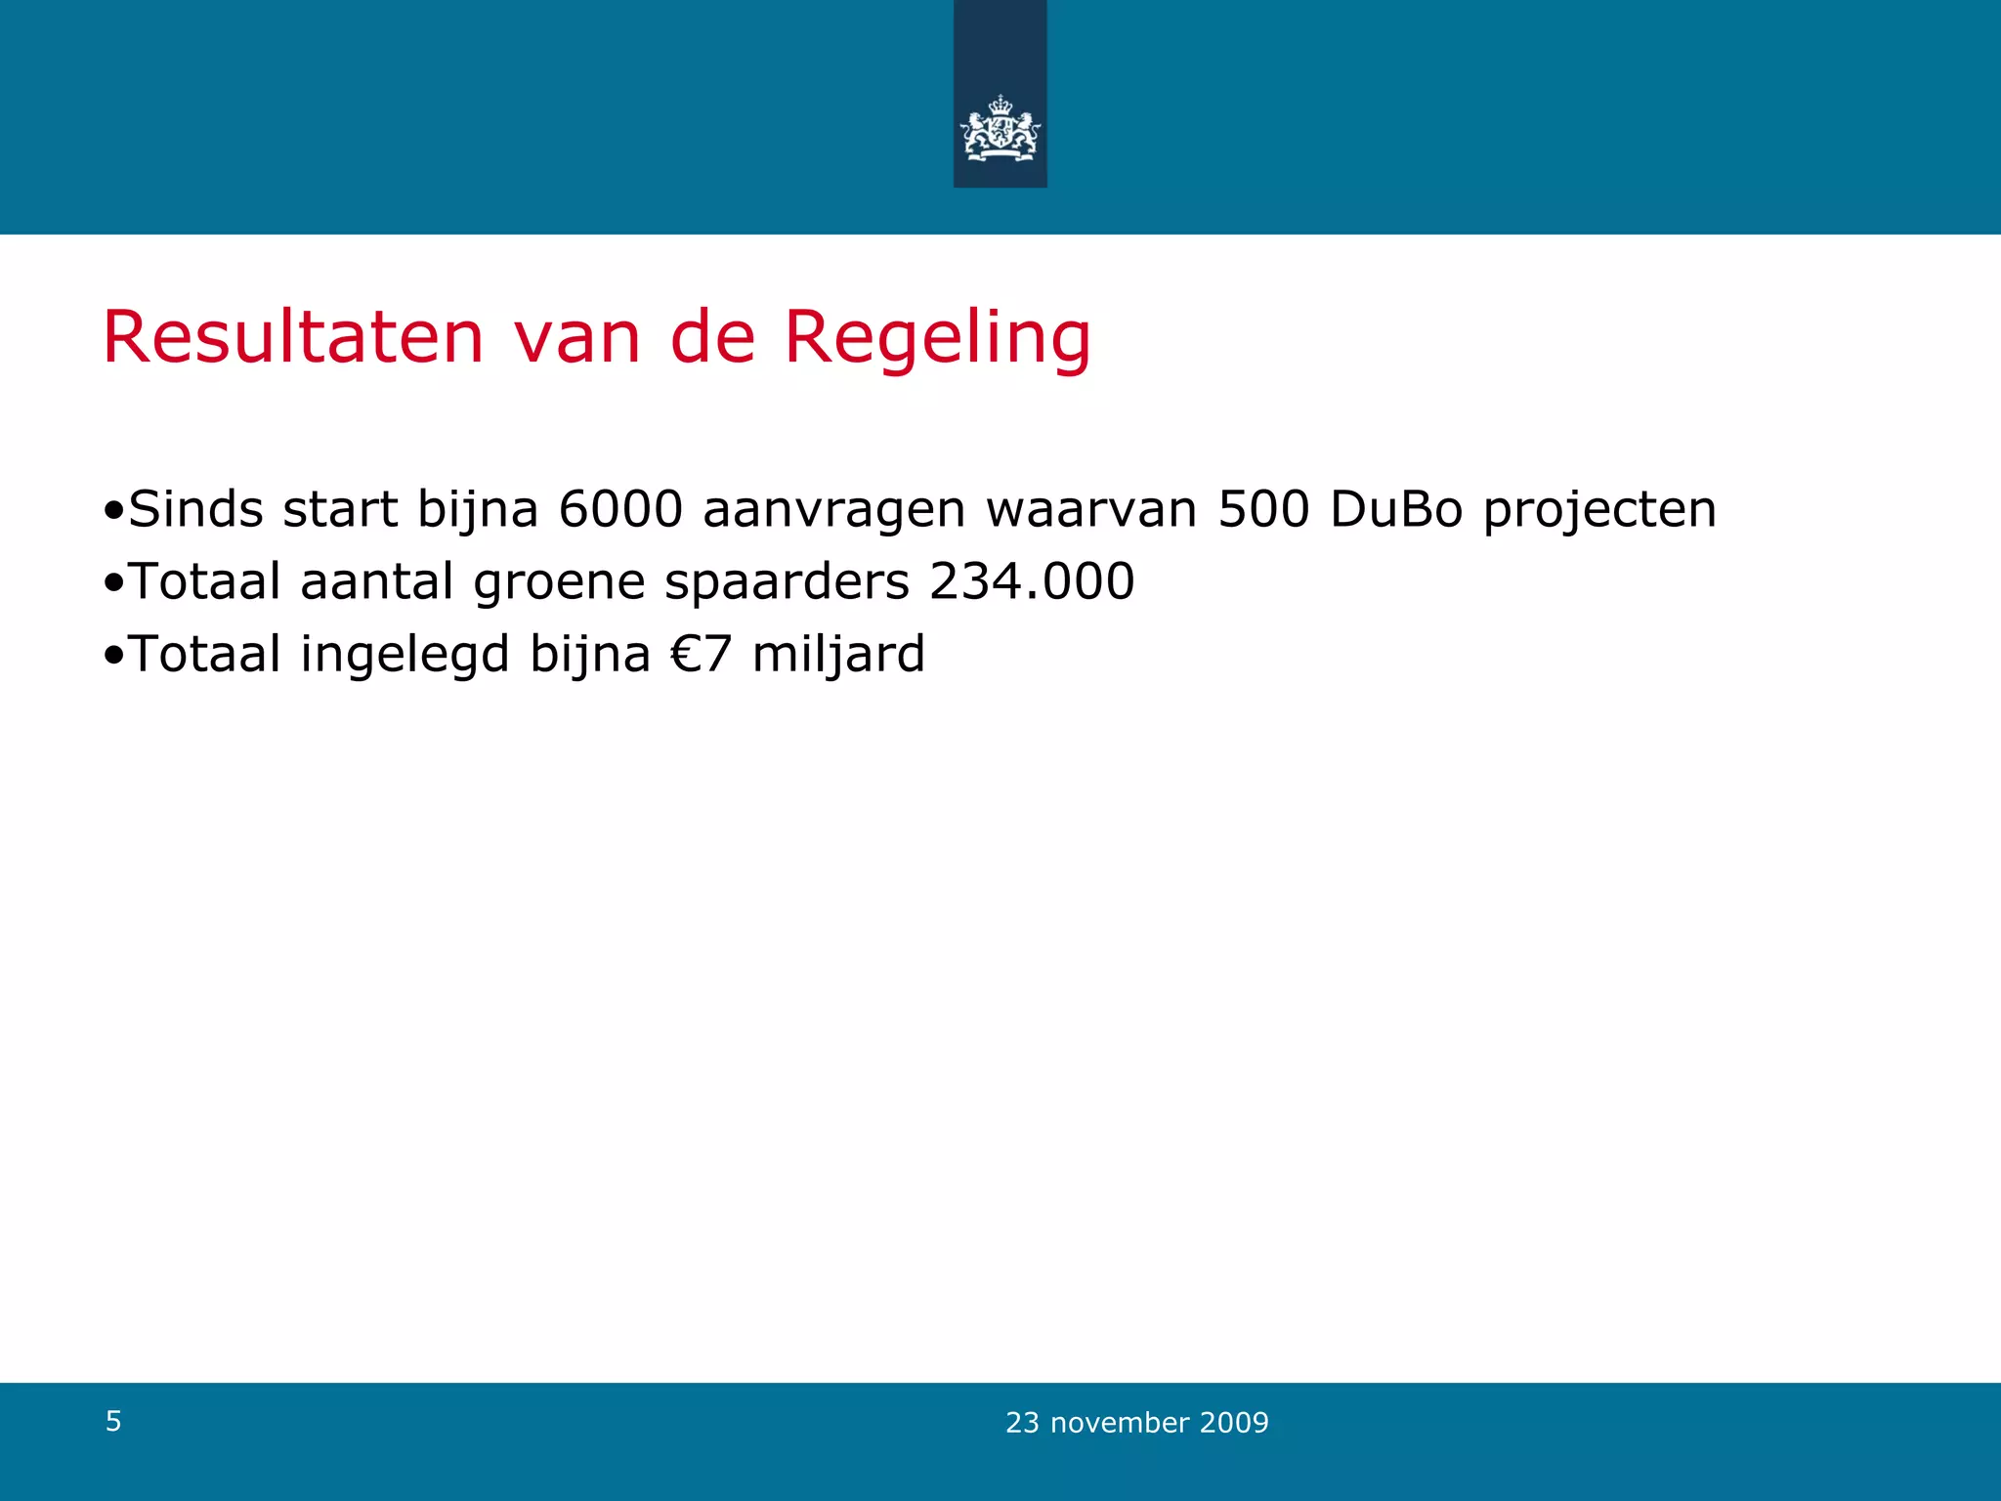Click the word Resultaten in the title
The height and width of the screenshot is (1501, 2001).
point(293,338)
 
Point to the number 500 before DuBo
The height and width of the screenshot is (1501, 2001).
point(1262,509)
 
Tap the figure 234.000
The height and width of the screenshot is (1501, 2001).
point(1031,581)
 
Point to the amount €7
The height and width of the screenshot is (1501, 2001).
point(701,654)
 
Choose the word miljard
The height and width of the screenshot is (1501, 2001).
point(837,655)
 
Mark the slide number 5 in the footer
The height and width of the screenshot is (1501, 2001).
point(113,1421)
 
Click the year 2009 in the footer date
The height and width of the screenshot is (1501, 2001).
point(1234,1423)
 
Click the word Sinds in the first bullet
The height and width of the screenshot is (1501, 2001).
point(195,509)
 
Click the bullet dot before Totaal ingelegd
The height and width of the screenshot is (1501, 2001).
point(113,655)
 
